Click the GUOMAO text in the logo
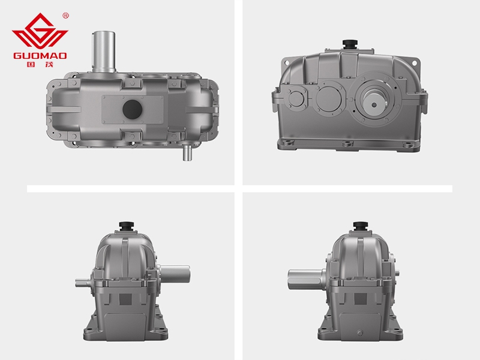pos(40,56)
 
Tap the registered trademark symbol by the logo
pos(65,16)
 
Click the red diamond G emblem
pos(40,31)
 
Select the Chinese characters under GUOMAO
pos(40,64)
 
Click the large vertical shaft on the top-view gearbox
pos(104,52)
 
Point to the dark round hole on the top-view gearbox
pos(132,109)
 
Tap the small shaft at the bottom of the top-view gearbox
pos(187,152)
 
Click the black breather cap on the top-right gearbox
pos(349,44)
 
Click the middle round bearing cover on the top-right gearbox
pos(328,98)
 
